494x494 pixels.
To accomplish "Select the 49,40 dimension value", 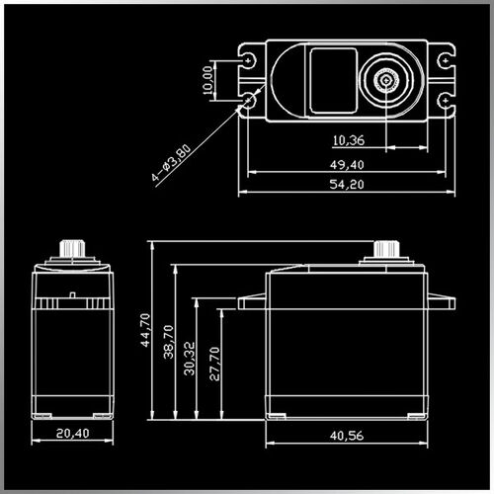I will point(347,164).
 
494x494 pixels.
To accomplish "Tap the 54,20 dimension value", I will point(347,185).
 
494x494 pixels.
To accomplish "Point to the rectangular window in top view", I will point(327,79).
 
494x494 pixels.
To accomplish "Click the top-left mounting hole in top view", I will point(251,59).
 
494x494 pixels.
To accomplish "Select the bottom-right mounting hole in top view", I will point(448,100).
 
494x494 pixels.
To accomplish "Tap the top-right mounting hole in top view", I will point(448,59).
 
